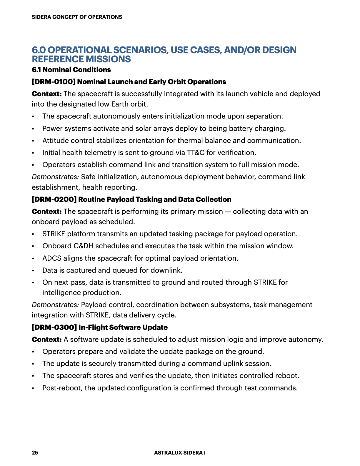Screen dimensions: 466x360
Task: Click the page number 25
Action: pyautogui.click(x=35, y=452)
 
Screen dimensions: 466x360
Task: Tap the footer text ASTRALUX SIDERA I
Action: pyautogui.click(x=180, y=452)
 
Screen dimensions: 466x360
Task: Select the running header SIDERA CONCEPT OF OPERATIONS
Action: pyautogui.click(x=77, y=17)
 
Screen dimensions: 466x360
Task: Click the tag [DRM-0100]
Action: pyautogui.click(x=54, y=82)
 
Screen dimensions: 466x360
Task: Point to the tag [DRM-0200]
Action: pyautogui.click(x=54, y=199)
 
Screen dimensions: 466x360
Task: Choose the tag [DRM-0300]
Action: pyautogui.click(x=54, y=327)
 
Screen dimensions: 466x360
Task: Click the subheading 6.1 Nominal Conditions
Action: pyautogui.click(x=71, y=70)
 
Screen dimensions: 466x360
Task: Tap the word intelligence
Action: pyautogui.click(x=61, y=293)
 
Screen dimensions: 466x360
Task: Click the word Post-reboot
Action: pyautogui.click(x=62, y=388)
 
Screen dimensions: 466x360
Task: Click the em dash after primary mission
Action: pyautogui.click(x=228, y=212)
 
